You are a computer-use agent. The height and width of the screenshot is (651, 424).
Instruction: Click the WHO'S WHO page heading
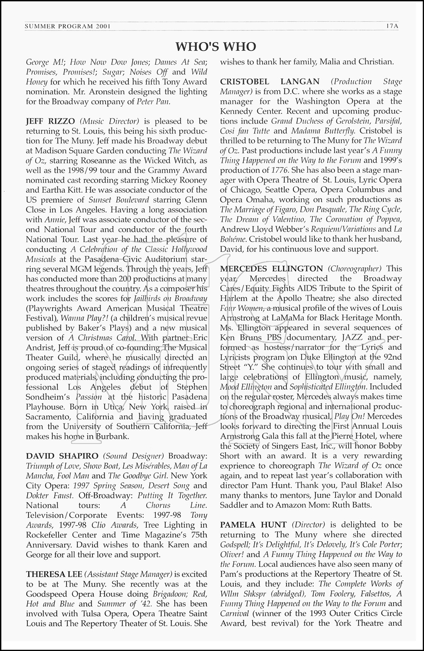(216, 46)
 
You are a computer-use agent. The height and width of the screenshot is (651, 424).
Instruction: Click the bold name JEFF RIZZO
(48, 121)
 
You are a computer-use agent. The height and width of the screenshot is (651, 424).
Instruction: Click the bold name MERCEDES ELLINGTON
(271, 269)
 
